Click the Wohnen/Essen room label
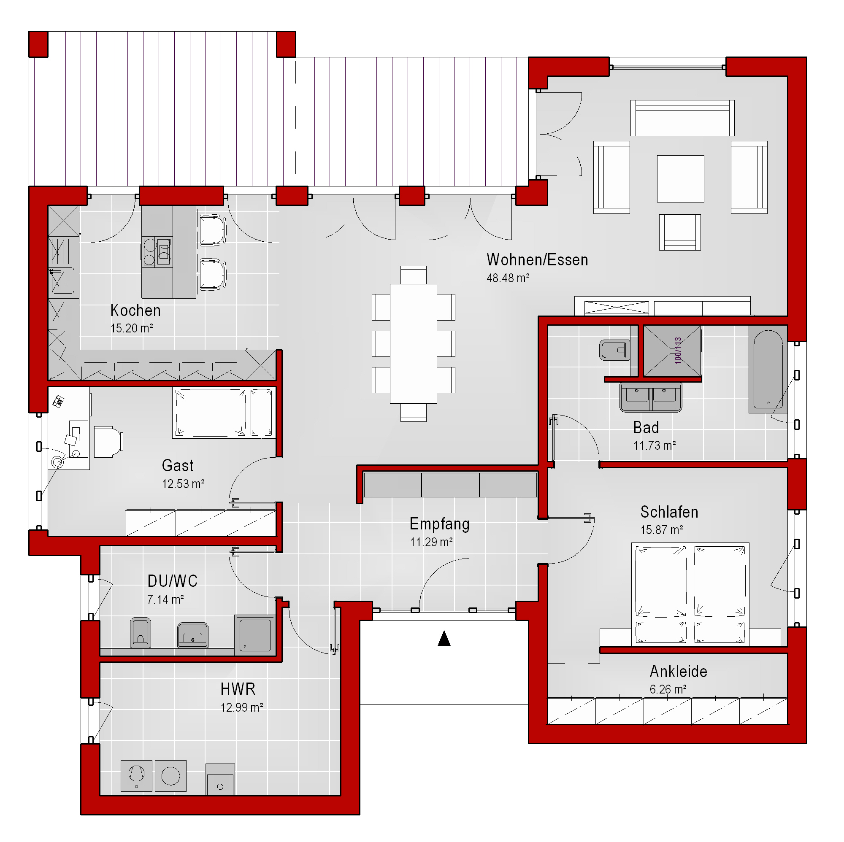(x=537, y=260)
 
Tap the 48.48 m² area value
(x=508, y=278)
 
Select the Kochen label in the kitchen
(x=135, y=310)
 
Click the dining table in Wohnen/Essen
(x=413, y=344)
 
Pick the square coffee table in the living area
(x=680, y=178)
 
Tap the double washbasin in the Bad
(x=650, y=397)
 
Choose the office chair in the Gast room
(x=108, y=442)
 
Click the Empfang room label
(x=439, y=524)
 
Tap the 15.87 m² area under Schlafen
(x=661, y=530)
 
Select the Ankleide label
(x=679, y=671)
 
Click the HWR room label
(x=238, y=689)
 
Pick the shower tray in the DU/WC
(x=255, y=635)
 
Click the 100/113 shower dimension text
(x=678, y=350)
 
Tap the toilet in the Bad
(x=614, y=350)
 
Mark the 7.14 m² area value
(x=165, y=599)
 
